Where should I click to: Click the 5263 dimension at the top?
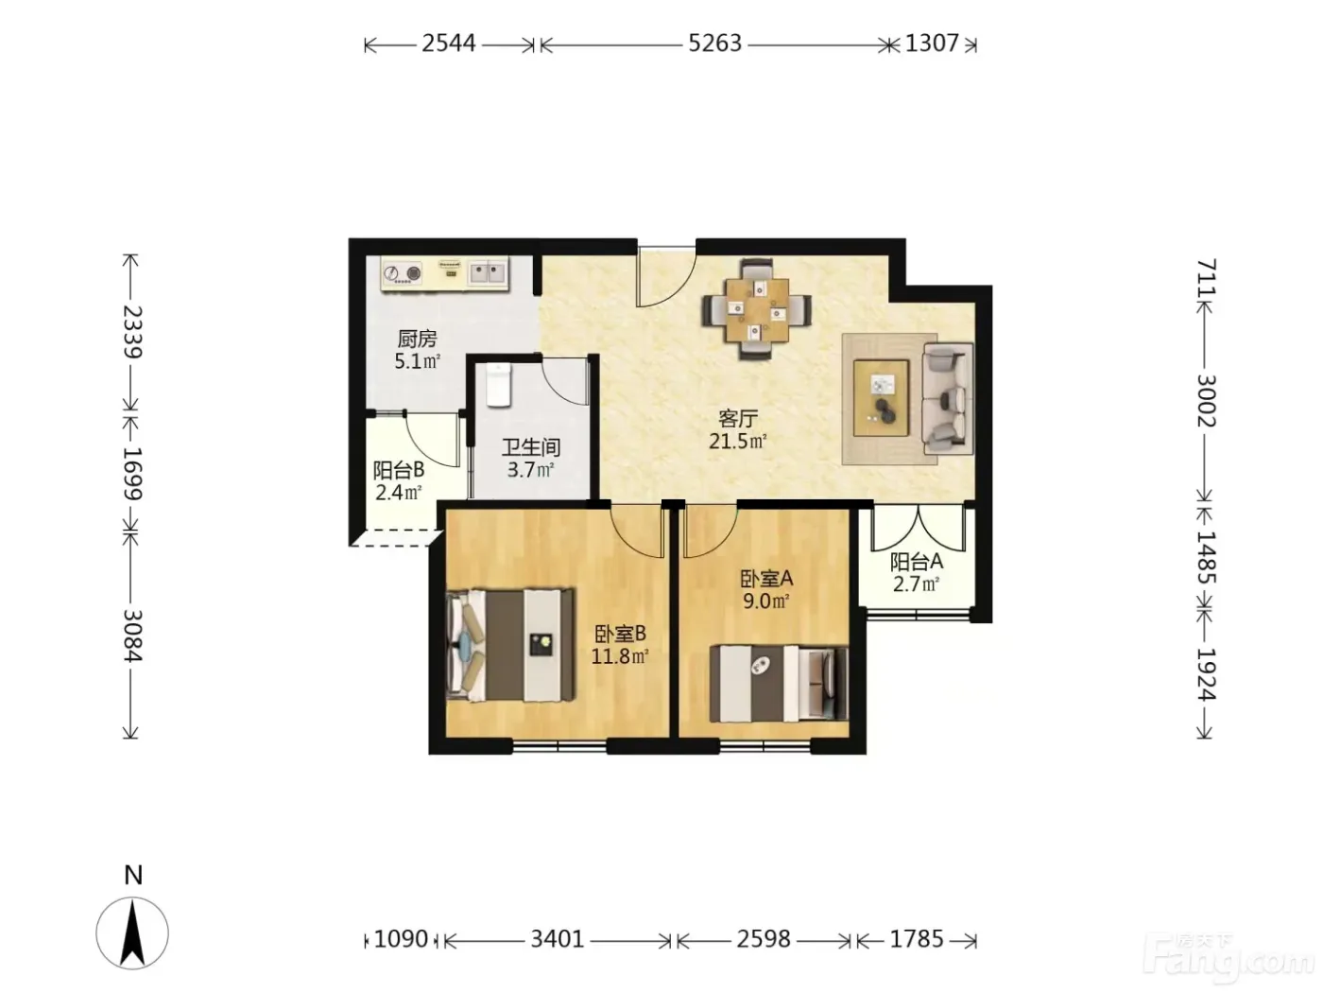click(x=714, y=44)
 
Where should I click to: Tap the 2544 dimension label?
click(x=449, y=44)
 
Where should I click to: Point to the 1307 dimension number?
click(x=932, y=44)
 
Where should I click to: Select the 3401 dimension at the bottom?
click(x=558, y=939)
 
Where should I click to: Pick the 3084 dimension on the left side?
click(x=133, y=636)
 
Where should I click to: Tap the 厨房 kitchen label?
click(x=417, y=339)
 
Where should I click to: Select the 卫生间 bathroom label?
click(x=531, y=447)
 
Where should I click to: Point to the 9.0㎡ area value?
click(x=766, y=601)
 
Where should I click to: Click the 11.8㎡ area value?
click(x=620, y=656)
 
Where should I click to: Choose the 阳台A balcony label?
click(x=916, y=562)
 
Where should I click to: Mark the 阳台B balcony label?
click(x=399, y=470)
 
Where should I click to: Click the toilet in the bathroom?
click(x=499, y=385)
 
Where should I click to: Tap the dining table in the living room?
click(x=757, y=308)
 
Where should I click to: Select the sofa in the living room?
click(x=948, y=398)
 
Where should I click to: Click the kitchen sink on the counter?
click(x=488, y=272)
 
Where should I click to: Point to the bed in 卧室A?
click(x=779, y=684)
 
